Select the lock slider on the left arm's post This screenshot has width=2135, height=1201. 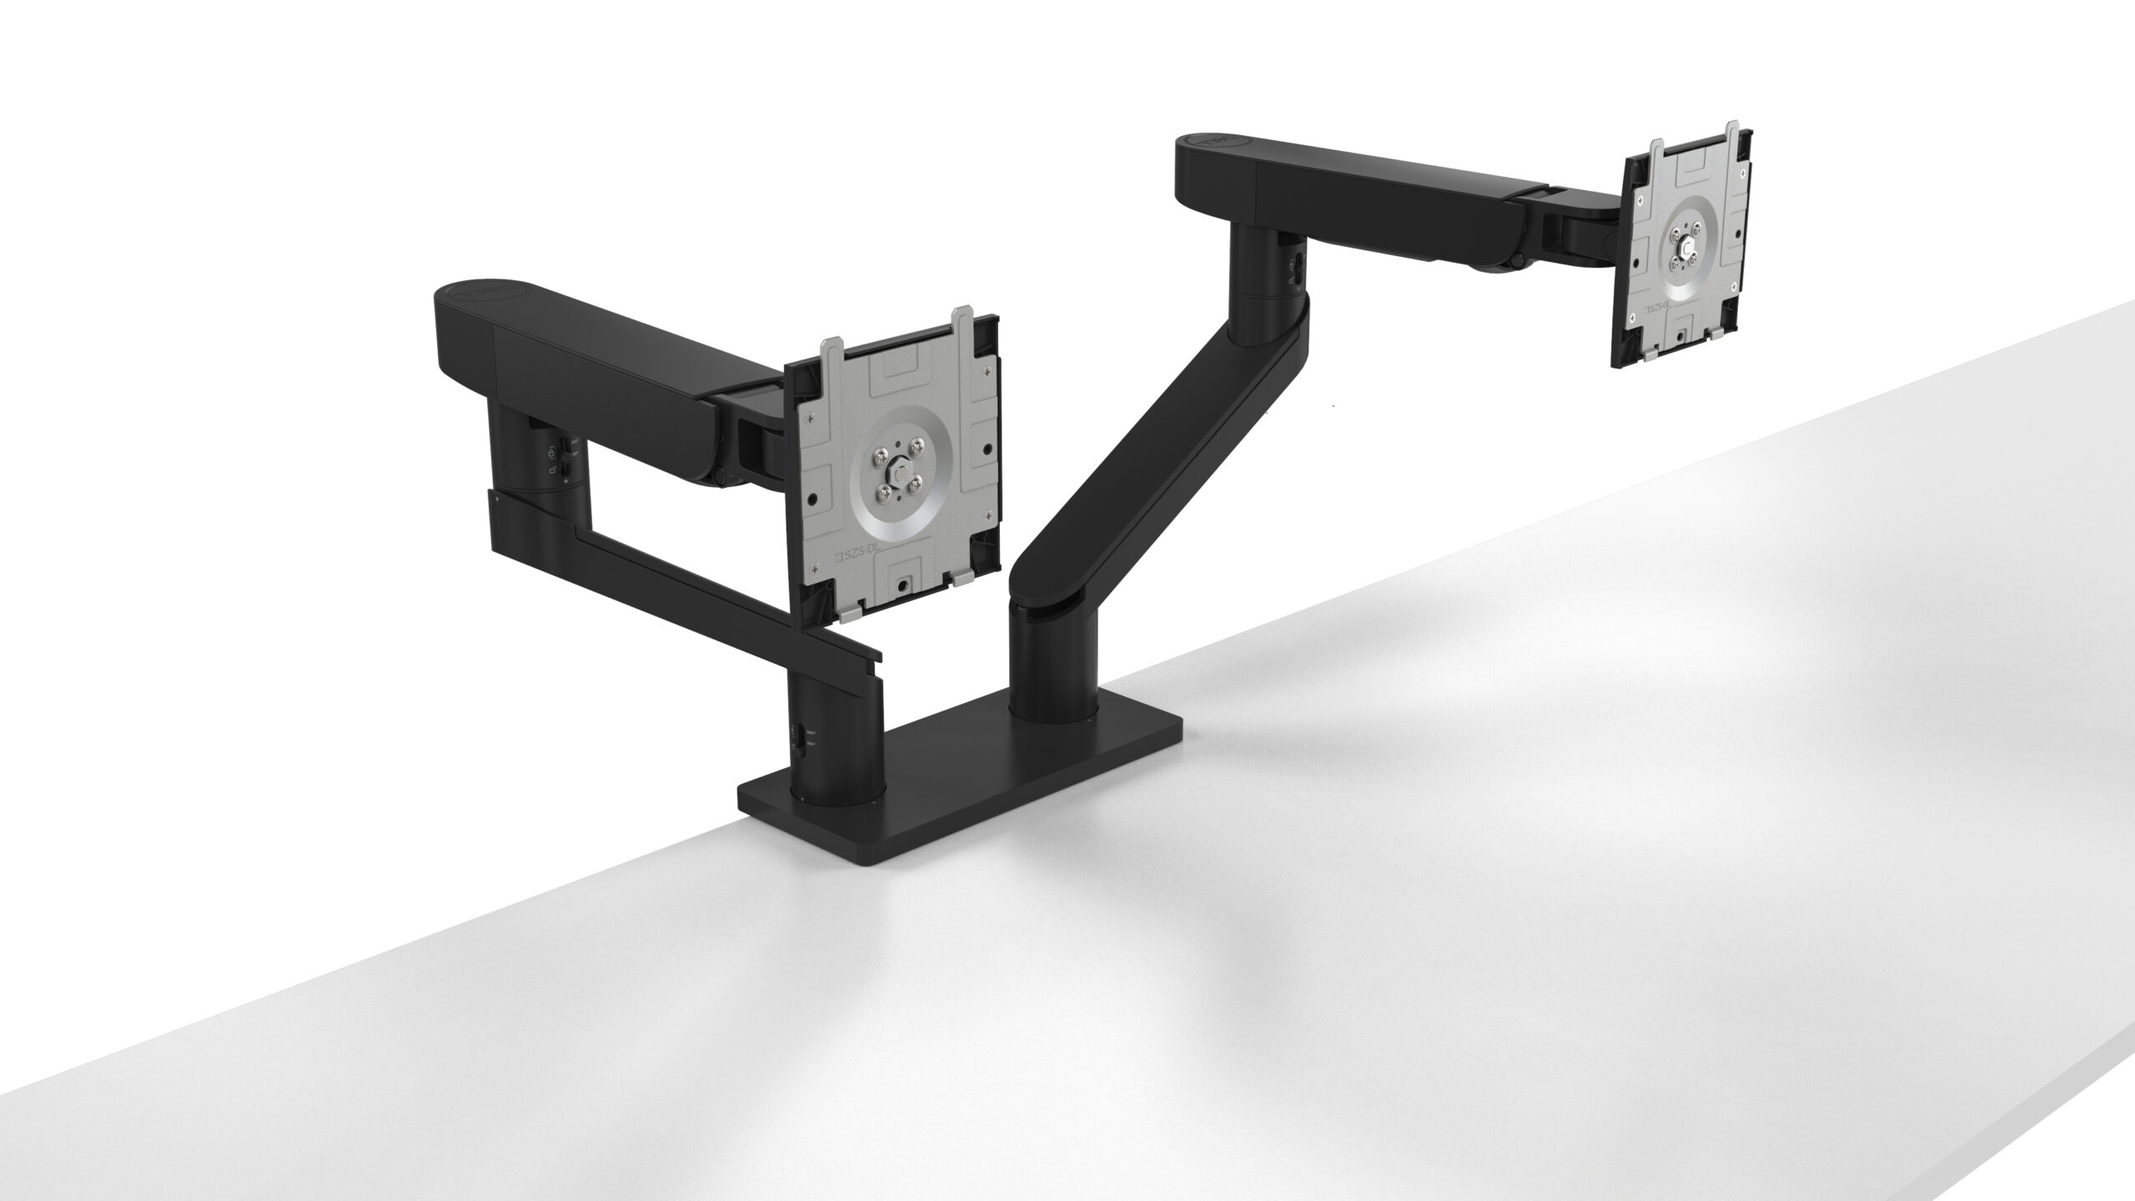pyautogui.click(x=565, y=455)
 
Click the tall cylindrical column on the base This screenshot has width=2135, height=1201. pyautogui.click(x=1052, y=651)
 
